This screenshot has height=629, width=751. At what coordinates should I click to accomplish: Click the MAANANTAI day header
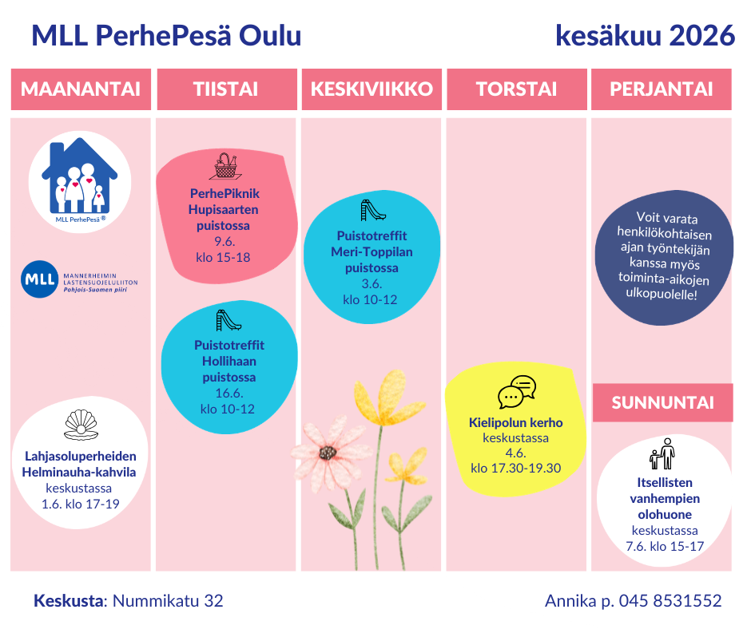point(81,89)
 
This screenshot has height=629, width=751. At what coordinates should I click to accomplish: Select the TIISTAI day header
point(227,89)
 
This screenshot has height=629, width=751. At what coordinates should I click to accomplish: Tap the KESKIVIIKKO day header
point(372,89)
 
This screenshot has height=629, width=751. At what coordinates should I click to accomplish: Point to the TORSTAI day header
point(517,89)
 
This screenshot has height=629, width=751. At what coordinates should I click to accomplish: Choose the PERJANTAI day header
point(662,89)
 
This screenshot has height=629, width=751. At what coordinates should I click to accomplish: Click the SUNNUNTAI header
point(663,402)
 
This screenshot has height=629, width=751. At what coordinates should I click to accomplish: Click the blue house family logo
point(80,176)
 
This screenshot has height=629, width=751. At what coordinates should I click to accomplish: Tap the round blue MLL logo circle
point(40,279)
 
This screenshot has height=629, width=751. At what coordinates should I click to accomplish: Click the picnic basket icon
point(225,165)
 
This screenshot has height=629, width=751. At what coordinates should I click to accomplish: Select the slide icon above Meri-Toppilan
point(372,210)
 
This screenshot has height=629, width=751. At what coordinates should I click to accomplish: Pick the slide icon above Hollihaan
point(228,320)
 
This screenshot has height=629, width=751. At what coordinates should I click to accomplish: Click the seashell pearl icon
point(81,424)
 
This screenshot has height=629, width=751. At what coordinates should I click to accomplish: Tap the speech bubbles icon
point(517,392)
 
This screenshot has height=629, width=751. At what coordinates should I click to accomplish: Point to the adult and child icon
point(662,454)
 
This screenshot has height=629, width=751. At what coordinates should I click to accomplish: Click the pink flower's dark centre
point(328,453)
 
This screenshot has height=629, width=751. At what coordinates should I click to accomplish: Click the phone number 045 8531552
point(670,601)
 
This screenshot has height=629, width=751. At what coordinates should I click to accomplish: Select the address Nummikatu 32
point(168,601)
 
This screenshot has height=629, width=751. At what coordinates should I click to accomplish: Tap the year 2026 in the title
point(701,35)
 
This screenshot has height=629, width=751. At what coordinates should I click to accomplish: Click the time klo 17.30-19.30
point(516,469)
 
